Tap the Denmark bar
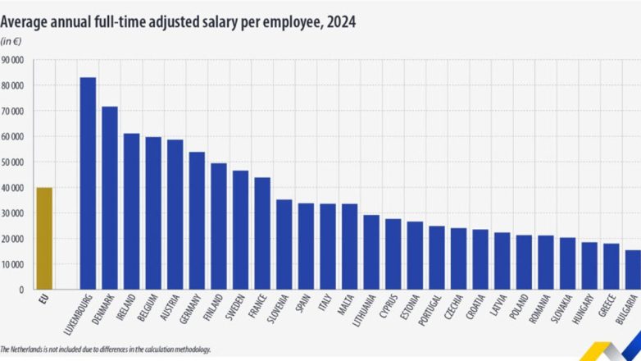[110, 198]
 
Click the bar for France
[262, 234]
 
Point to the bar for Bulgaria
[633, 270]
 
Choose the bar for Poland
[524, 263]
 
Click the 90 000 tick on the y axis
[14, 60]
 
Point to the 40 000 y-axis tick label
[14, 188]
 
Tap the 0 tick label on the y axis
[23, 290]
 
